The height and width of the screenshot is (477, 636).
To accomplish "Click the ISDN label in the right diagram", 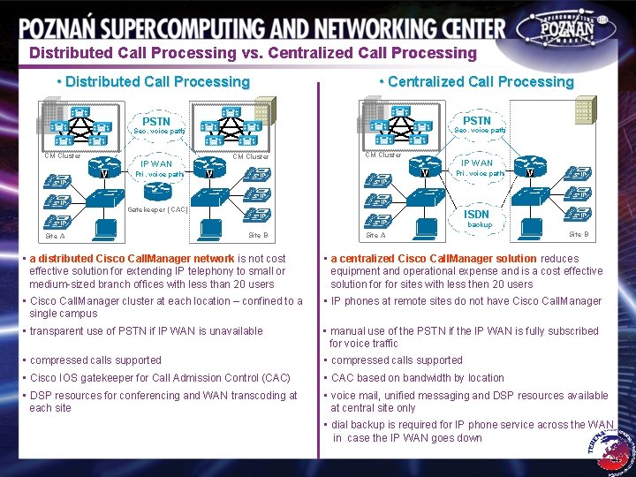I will coord(475,214).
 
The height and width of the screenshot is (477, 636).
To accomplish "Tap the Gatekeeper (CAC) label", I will coord(157,209).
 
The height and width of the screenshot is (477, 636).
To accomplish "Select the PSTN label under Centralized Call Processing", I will coord(476,120).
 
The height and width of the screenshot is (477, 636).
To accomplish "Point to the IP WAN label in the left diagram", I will coord(155,163).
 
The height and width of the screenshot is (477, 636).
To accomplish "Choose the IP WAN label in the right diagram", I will coord(476,163).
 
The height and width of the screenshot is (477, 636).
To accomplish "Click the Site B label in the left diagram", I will coord(258,235).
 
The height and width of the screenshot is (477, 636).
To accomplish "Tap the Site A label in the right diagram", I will coord(375,235).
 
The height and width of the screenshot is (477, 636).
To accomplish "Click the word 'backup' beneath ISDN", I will coord(480,225).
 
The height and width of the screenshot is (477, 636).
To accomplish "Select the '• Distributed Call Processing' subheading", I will coord(152,82).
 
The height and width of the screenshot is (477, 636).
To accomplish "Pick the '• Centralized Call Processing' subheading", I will coord(476,82).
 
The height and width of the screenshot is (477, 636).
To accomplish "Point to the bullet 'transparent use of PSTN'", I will coord(146,331).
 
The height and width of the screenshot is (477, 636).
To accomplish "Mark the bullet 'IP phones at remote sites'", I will coord(466,301).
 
